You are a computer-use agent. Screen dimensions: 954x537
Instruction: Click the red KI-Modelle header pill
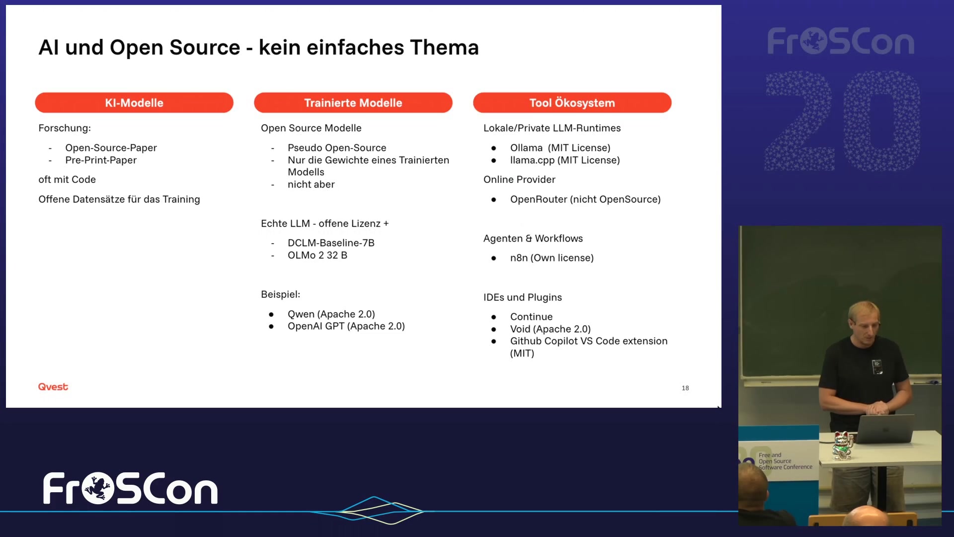(x=134, y=102)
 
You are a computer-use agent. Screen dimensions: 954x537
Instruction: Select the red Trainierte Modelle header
(x=353, y=102)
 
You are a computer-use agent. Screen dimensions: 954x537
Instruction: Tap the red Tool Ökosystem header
(x=572, y=102)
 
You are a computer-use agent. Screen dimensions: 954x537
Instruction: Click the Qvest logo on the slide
(x=53, y=387)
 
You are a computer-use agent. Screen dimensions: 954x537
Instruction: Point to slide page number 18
(x=685, y=388)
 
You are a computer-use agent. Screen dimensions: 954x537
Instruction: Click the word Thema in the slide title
(x=445, y=48)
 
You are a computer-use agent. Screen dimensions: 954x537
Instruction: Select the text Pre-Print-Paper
(x=101, y=160)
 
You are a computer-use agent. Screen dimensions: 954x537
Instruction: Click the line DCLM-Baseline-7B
(x=331, y=243)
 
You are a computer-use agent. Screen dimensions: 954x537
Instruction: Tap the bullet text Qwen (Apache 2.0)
(x=331, y=314)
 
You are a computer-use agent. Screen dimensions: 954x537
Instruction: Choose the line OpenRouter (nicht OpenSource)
(x=585, y=199)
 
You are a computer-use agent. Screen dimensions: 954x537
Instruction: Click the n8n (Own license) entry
(x=552, y=258)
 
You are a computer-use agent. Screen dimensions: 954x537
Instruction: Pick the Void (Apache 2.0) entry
(x=551, y=329)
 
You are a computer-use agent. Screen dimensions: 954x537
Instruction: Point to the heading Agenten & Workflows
(x=533, y=239)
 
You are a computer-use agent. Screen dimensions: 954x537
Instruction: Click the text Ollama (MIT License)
(x=560, y=148)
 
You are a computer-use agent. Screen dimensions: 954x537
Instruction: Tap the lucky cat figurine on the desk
(x=843, y=445)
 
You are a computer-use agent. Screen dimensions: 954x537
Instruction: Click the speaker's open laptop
(x=884, y=429)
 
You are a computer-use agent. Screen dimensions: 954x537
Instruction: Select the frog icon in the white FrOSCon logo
(x=98, y=488)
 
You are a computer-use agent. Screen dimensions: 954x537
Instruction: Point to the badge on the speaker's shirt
(x=877, y=366)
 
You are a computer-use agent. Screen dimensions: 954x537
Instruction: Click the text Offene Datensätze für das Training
(x=119, y=199)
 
